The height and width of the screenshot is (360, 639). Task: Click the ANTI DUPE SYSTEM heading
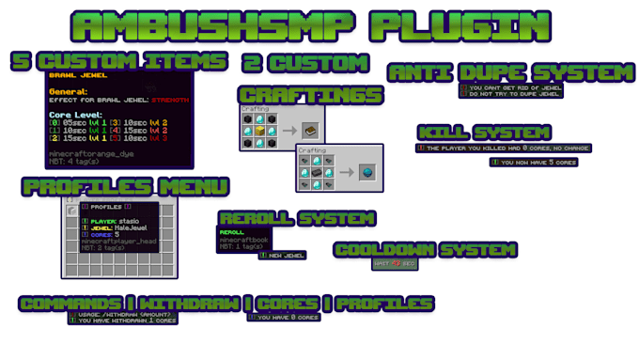tap(511, 72)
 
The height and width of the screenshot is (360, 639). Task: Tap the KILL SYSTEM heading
tap(484, 133)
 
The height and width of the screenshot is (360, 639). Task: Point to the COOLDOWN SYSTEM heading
tap(425, 250)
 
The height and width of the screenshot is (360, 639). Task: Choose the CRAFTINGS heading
tap(311, 95)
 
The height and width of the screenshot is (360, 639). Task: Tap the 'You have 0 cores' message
tap(283, 318)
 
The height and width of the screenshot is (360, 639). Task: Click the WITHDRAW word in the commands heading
tap(188, 304)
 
